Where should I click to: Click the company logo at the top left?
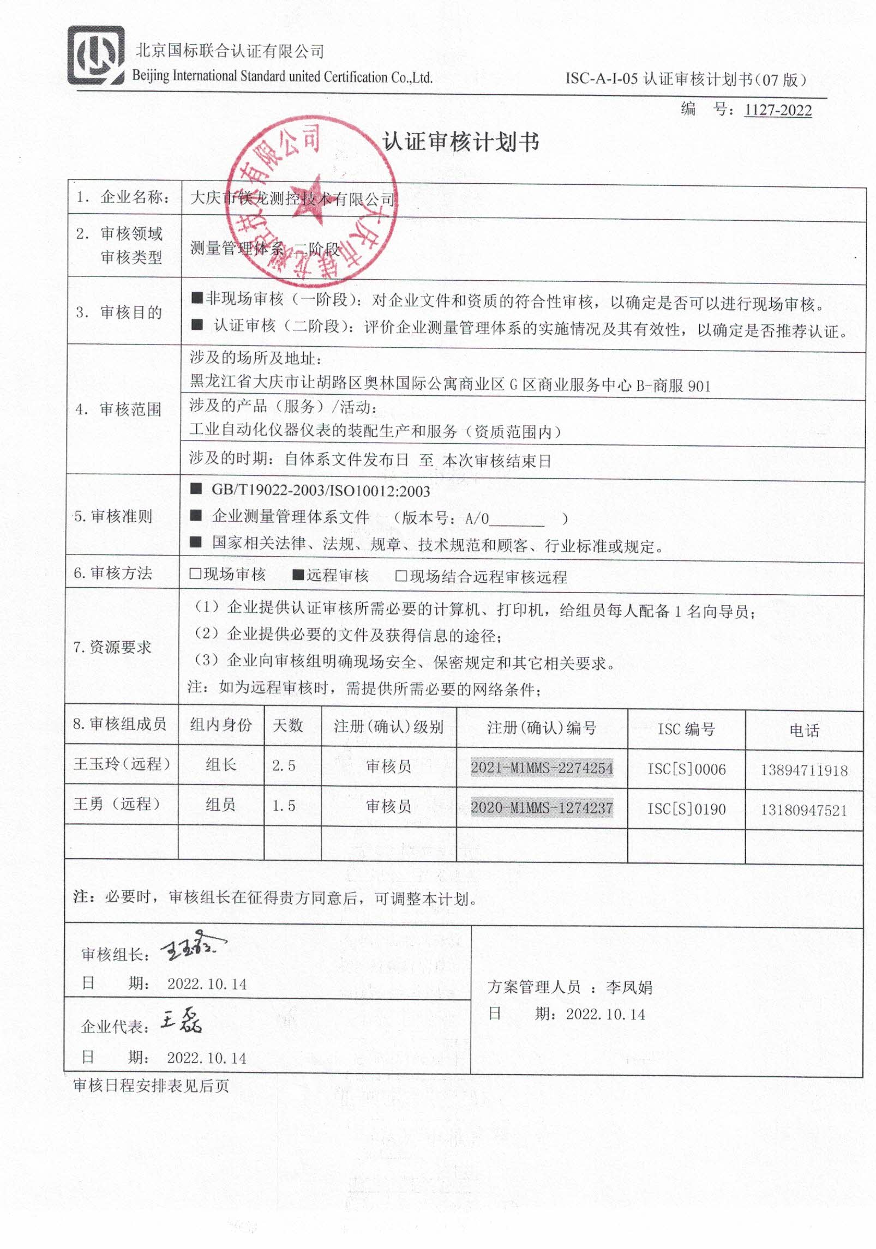(x=96, y=56)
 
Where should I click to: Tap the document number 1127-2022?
(x=777, y=111)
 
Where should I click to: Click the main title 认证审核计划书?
(x=461, y=142)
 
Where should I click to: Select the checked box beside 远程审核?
(x=298, y=575)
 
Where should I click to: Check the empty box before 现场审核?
(x=195, y=574)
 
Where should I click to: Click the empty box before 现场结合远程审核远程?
(x=401, y=576)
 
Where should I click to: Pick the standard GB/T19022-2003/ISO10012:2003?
(x=321, y=491)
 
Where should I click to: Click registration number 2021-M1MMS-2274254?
(x=542, y=768)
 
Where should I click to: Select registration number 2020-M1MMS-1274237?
(x=542, y=808)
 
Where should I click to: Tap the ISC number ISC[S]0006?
(x=686, y=769)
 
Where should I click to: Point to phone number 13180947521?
(x=803, y=810)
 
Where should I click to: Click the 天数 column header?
(x=287, y=726)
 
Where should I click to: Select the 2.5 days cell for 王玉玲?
(x=284, y=765)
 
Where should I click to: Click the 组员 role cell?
(x=221, y=805)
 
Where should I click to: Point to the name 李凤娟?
(x=629, y=987)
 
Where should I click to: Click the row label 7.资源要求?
(x=112, y=648)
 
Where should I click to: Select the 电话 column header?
(x=804, y=731)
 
